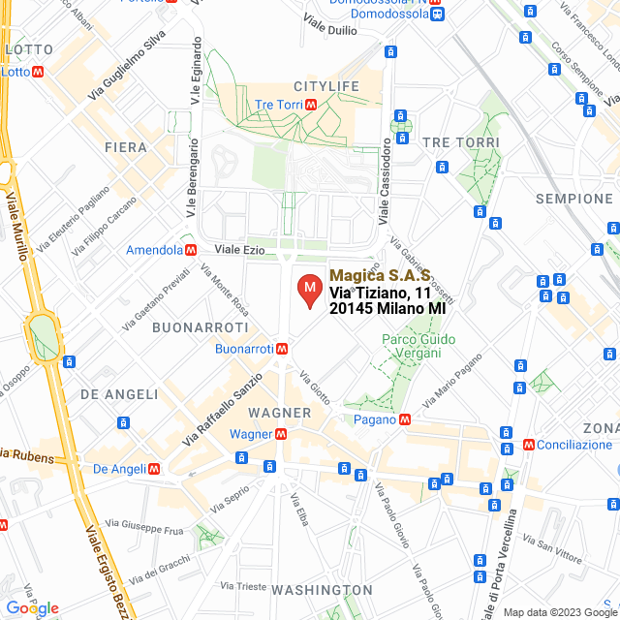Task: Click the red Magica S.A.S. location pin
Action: tap(309, 291)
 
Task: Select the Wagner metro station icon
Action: tap(279, 434)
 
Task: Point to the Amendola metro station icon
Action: tap(192, 250)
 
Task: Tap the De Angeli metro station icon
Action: tap(155, 469)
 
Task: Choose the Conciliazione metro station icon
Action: tap(529, 445)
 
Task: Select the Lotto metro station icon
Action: tap(38, 72)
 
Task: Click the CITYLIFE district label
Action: tap(325, 86)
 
